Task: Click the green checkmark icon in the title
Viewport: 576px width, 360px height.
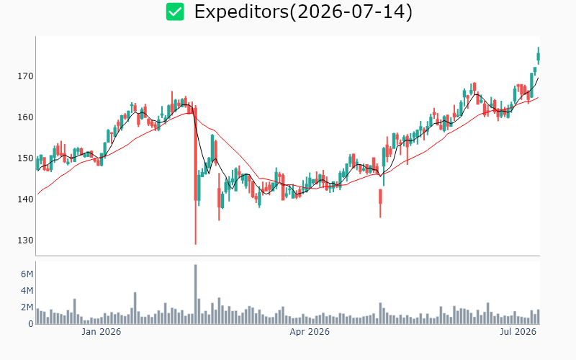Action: (175, 12)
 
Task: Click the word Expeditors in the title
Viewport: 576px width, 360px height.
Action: (242, 12)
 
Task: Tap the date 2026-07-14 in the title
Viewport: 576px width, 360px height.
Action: (351, 12)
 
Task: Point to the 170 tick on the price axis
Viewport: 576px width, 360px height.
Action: (25, 76)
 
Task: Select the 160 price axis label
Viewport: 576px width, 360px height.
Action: (25, 117)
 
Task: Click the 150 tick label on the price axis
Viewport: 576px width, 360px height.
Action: (25, 158)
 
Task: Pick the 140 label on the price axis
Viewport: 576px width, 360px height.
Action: (25, 199)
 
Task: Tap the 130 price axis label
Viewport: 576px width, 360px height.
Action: (25, 240)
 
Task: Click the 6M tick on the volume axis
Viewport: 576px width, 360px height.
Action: (27, 274)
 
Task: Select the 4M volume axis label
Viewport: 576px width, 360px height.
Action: (27, 291)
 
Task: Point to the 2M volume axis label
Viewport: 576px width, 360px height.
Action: (27, 307)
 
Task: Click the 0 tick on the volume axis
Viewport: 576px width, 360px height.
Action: (31, 324)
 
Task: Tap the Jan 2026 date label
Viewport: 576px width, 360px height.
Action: (101, 332)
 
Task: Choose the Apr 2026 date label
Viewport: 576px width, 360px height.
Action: (310, 332)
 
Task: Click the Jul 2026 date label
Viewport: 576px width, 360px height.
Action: (518, 332)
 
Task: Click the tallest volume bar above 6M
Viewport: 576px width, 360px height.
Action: (195, 294)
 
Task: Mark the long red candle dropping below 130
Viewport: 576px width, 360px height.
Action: (195, 175)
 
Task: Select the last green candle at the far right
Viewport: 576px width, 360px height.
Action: (538, 56)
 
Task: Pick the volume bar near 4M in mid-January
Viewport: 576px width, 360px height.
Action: (135, 308)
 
